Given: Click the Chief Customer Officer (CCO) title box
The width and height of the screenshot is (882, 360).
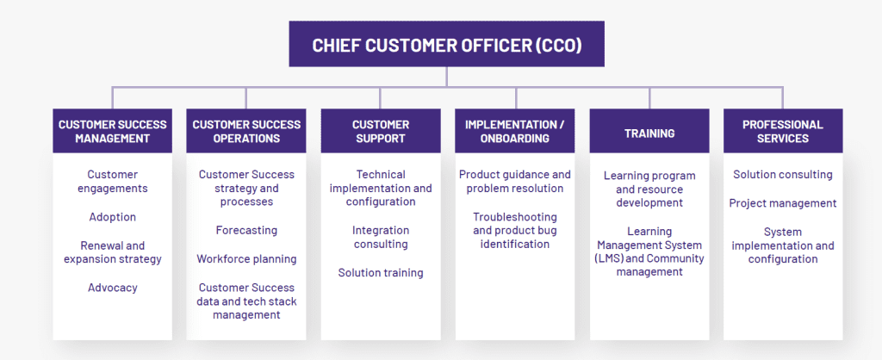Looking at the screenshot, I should click(446, 44).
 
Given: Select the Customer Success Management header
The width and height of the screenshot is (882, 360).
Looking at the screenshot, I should click(112, 131).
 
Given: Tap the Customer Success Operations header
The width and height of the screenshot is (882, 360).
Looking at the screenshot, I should click(246, 131).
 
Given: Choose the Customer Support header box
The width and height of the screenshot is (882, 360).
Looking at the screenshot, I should click(381, 131).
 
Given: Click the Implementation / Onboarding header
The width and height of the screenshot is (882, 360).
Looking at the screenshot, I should click(514, 131).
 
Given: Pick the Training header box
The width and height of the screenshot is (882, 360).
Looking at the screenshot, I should click(649, 133).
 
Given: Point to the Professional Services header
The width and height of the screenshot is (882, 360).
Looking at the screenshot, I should click(783, 131).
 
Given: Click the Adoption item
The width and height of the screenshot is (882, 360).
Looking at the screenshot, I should click(112, 217).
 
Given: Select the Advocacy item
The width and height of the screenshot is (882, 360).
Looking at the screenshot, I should click(112, 288).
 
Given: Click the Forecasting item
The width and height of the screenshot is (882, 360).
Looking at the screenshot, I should click(246, 230).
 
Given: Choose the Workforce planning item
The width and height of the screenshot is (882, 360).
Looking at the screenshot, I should click(246, 259).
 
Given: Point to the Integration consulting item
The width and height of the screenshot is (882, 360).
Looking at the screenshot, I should click(380, 237).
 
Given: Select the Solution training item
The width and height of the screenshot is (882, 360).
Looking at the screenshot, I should click(380, 273).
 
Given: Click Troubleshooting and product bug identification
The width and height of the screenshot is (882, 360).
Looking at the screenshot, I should click(515, 230).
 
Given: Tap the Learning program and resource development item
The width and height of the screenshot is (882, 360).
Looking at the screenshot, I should click(649, 189).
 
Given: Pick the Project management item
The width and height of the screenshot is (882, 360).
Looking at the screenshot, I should click(782, 203).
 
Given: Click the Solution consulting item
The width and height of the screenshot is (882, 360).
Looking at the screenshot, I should click(782, 175).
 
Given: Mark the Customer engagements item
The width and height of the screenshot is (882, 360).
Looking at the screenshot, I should click(112, 182).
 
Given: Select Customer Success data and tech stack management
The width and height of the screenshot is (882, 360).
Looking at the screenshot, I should click(247, 301).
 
